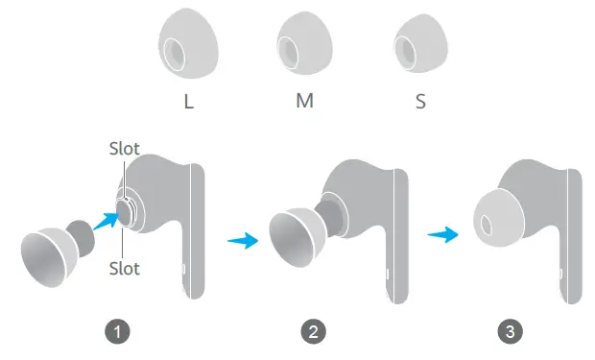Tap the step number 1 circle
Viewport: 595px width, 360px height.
point(117,332)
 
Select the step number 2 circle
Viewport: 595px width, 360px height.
point(313,332)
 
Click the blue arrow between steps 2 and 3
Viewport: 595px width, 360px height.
point(441,233)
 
